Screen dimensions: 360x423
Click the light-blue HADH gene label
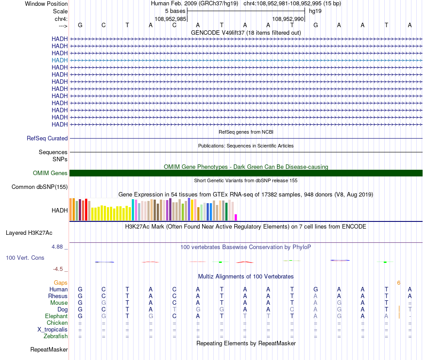click(x=60, y=60)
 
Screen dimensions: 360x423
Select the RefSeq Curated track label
click(x=47, y=139)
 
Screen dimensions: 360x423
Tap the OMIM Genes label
click(x=50, y=173)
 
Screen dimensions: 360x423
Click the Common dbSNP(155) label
click(x=39, y=187)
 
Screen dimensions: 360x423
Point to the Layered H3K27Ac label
click(x=29, y=233)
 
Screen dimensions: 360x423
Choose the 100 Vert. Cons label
click(x=25, y=258)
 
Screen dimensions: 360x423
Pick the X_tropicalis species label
click(x=53, y=330)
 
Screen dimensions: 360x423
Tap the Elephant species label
click(x=56, y=316)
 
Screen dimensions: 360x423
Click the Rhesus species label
click(x=58, y=296)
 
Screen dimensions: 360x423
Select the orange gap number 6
click(x=399, y=283)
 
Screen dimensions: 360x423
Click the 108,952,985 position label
click(x=170, y=19)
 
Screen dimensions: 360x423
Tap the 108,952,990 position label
click(x=288, y=19)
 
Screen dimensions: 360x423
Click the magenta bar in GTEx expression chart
click(x=236, y=217)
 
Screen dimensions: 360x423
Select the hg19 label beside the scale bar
click(x=315, y=11)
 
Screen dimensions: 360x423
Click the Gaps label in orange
click(x=61, y=283)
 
